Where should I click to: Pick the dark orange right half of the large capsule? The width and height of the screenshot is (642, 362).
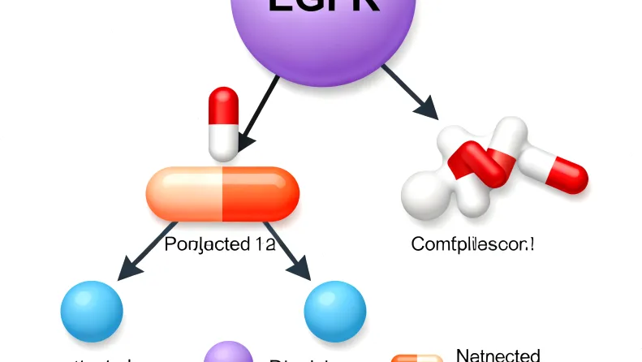260,193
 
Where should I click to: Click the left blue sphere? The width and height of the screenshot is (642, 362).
92,310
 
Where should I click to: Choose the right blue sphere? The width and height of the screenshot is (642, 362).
334,310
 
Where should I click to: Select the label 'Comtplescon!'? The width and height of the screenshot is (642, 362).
474,242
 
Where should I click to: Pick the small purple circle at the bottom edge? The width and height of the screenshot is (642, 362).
228,354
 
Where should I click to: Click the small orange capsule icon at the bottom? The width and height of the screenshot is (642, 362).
417,357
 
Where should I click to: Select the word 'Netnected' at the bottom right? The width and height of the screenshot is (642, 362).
498,355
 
